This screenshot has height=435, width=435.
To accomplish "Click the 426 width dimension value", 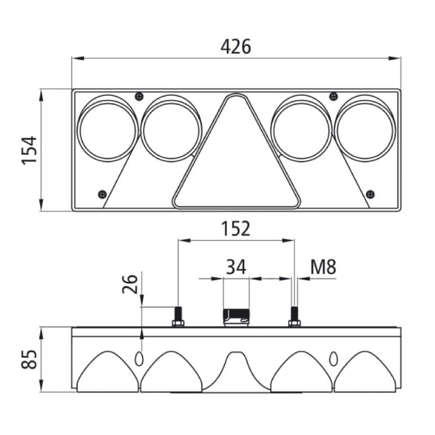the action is tap(236, 46).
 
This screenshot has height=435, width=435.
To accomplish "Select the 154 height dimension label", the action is tap(29, 151).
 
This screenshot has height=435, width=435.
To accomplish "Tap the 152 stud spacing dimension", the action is tap(235, 229).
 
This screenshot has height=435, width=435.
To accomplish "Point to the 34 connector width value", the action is tap(236, 266).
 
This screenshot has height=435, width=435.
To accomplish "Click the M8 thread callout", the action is tap(323, 266).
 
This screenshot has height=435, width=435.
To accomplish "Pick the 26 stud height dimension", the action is tap(130, 284).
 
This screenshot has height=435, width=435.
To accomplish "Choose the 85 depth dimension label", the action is tap(29, 359).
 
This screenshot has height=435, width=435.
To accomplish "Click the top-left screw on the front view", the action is tap(139, 97).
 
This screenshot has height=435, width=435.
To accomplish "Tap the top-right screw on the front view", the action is tap(333, 97).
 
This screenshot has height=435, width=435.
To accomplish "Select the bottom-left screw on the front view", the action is tap(103, 194).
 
